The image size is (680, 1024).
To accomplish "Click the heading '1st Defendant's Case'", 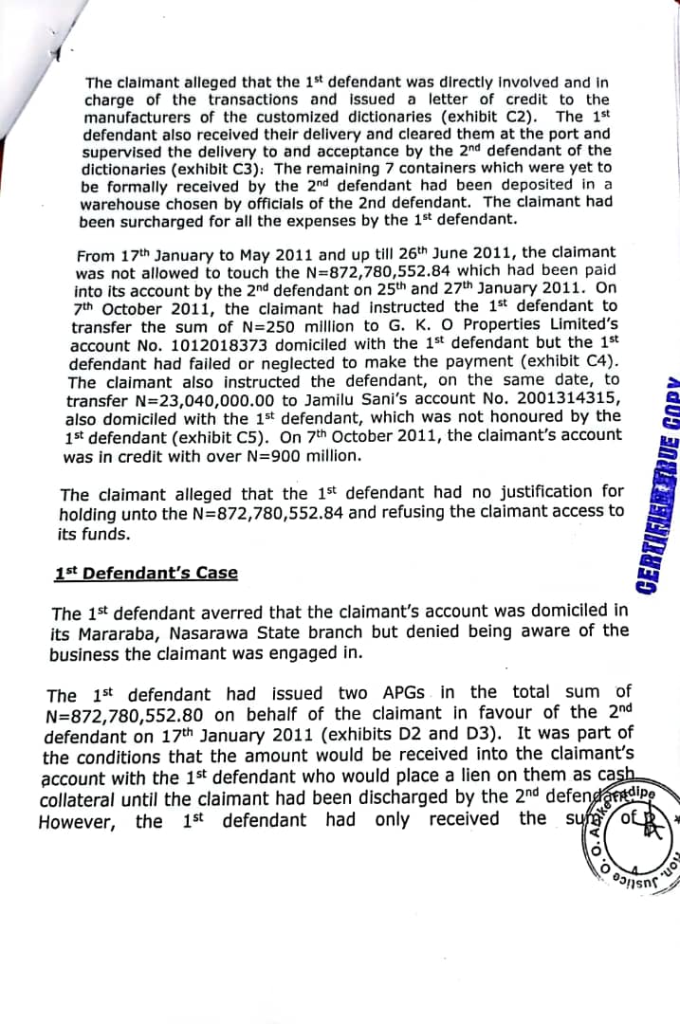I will (x=147, y=574).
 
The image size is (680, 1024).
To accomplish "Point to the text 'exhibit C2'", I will (x=493, y=117).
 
